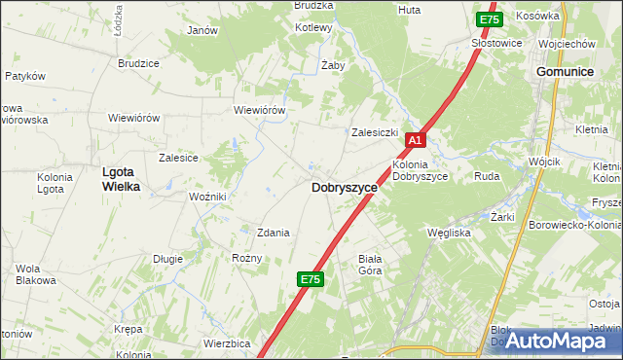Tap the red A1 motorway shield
[415, 141]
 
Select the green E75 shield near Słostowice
[490, 19]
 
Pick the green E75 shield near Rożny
[310, 280]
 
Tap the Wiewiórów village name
[259, 110]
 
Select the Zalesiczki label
[376, 131]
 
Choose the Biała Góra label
[370, 265]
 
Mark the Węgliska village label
[449, 233]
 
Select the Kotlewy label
[314, 28]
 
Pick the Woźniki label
[208, 197]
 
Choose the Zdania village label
[274, 233]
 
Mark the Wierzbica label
[228, 343]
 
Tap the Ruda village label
[486, 177]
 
